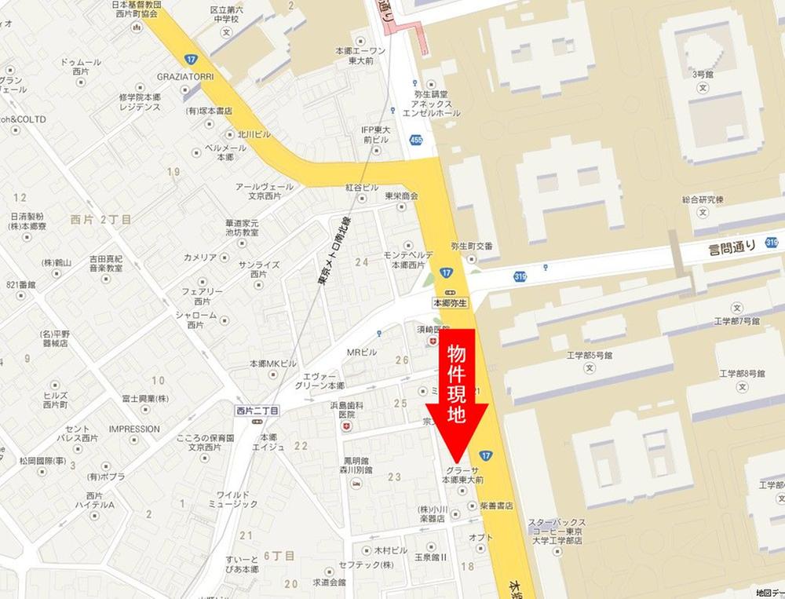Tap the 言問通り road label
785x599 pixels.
tap(732, 248)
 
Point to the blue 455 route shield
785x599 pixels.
tap(415, 140)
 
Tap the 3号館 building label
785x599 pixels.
tap(701, 74)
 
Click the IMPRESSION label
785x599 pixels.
tap(134, 429)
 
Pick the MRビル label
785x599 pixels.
tap(363, 352)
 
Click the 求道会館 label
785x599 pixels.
tap(328, 583)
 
